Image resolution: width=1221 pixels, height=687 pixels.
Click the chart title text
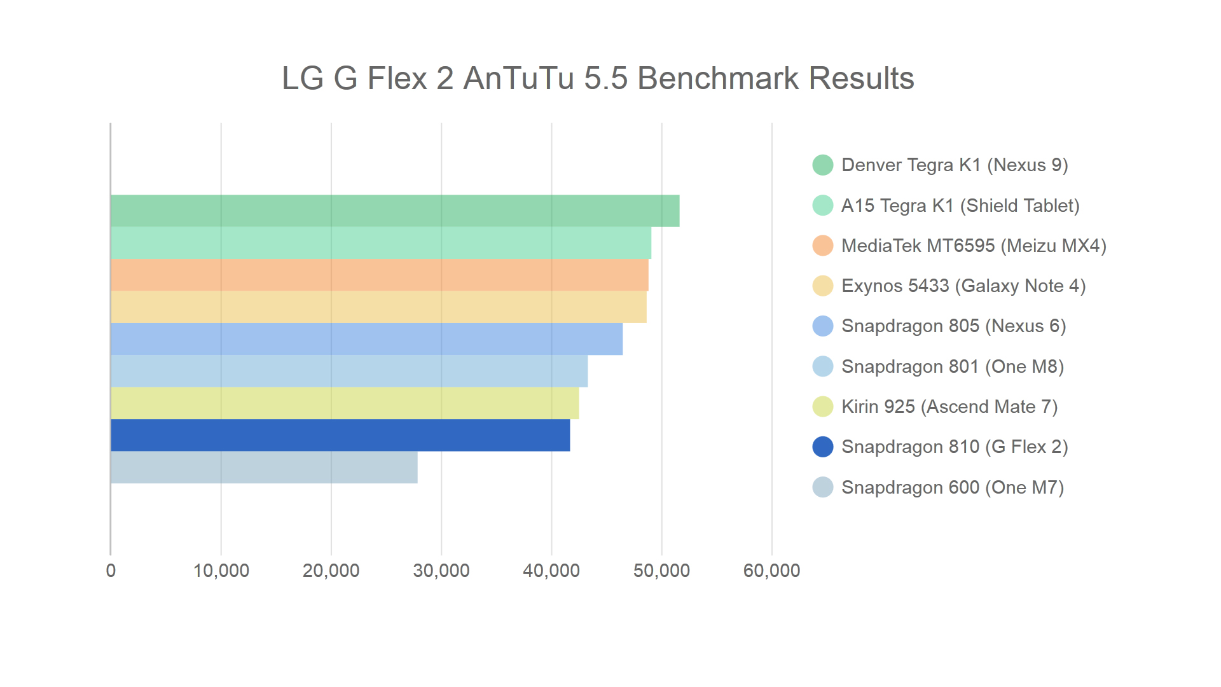(x=597, y=79)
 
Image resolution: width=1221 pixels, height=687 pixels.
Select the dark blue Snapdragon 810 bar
(x=340, y=435)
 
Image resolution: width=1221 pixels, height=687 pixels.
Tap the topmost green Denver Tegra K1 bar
(x=395, y=211)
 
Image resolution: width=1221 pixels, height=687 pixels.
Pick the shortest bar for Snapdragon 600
(x=264, y=468)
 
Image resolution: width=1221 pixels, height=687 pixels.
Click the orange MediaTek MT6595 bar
(x=380, y=275)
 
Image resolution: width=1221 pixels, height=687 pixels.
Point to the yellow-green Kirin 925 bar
(x=345, y=403)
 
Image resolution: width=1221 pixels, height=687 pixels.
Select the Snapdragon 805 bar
(x=366, y=339)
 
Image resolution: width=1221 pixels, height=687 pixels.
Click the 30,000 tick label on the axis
(x=441, y=571)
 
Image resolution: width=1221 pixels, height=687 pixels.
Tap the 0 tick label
(x=111, y=571)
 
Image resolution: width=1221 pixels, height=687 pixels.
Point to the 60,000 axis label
(x=771, y=571)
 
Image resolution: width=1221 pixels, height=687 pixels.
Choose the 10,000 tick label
(x=221, y=571)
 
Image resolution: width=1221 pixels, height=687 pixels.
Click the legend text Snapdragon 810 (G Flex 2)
(x=954, y=447)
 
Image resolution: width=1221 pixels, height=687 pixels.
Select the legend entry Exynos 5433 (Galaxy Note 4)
(x=963, y=286)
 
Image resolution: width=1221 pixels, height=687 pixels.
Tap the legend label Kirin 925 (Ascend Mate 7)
(x=949, y=407)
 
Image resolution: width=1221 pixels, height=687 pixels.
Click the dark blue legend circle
(x=823, y=447)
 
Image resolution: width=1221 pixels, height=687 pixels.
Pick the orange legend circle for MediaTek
(x=823, y=246)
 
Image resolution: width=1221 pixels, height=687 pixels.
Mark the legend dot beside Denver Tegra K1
(x=823, y=165)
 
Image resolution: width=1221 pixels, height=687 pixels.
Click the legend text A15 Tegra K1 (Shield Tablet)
(x=960, y=206)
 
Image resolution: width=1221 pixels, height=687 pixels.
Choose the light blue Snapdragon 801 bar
(x=349, y=371)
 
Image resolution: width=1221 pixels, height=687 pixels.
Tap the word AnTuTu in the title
(x=518, y=79)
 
